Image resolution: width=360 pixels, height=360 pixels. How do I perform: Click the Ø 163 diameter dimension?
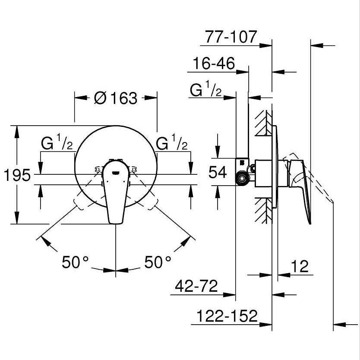tap(115, 98)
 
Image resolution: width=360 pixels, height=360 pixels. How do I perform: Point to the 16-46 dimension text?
tap(214, 64)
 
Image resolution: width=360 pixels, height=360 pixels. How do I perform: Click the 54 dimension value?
tap(218, 173)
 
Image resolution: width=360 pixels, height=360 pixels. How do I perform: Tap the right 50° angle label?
tap(158, 262)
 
